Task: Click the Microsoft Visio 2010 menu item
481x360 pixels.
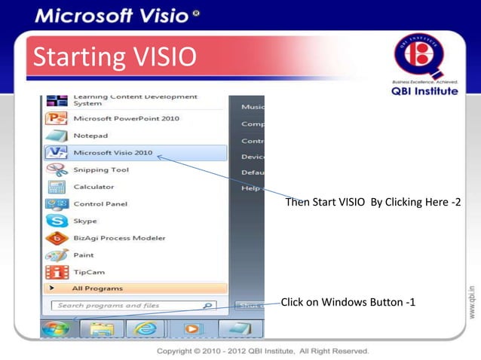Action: point(113,153)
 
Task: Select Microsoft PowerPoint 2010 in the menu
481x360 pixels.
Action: point(126,119)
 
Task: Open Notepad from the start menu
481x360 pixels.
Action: point(90,136)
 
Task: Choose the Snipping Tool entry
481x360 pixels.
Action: point(100,169)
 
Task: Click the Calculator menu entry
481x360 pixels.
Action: point(93,187)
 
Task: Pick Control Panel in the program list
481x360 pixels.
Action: point(100,204)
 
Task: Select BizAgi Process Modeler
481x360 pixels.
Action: point(118,238)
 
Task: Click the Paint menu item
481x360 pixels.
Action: point(84,255)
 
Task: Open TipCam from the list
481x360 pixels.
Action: point(88,272)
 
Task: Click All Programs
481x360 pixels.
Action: point(97,288)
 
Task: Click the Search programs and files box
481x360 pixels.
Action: point(128,306)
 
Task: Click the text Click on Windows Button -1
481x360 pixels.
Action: point(348,303)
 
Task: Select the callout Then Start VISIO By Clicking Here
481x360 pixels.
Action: point(372,204)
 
